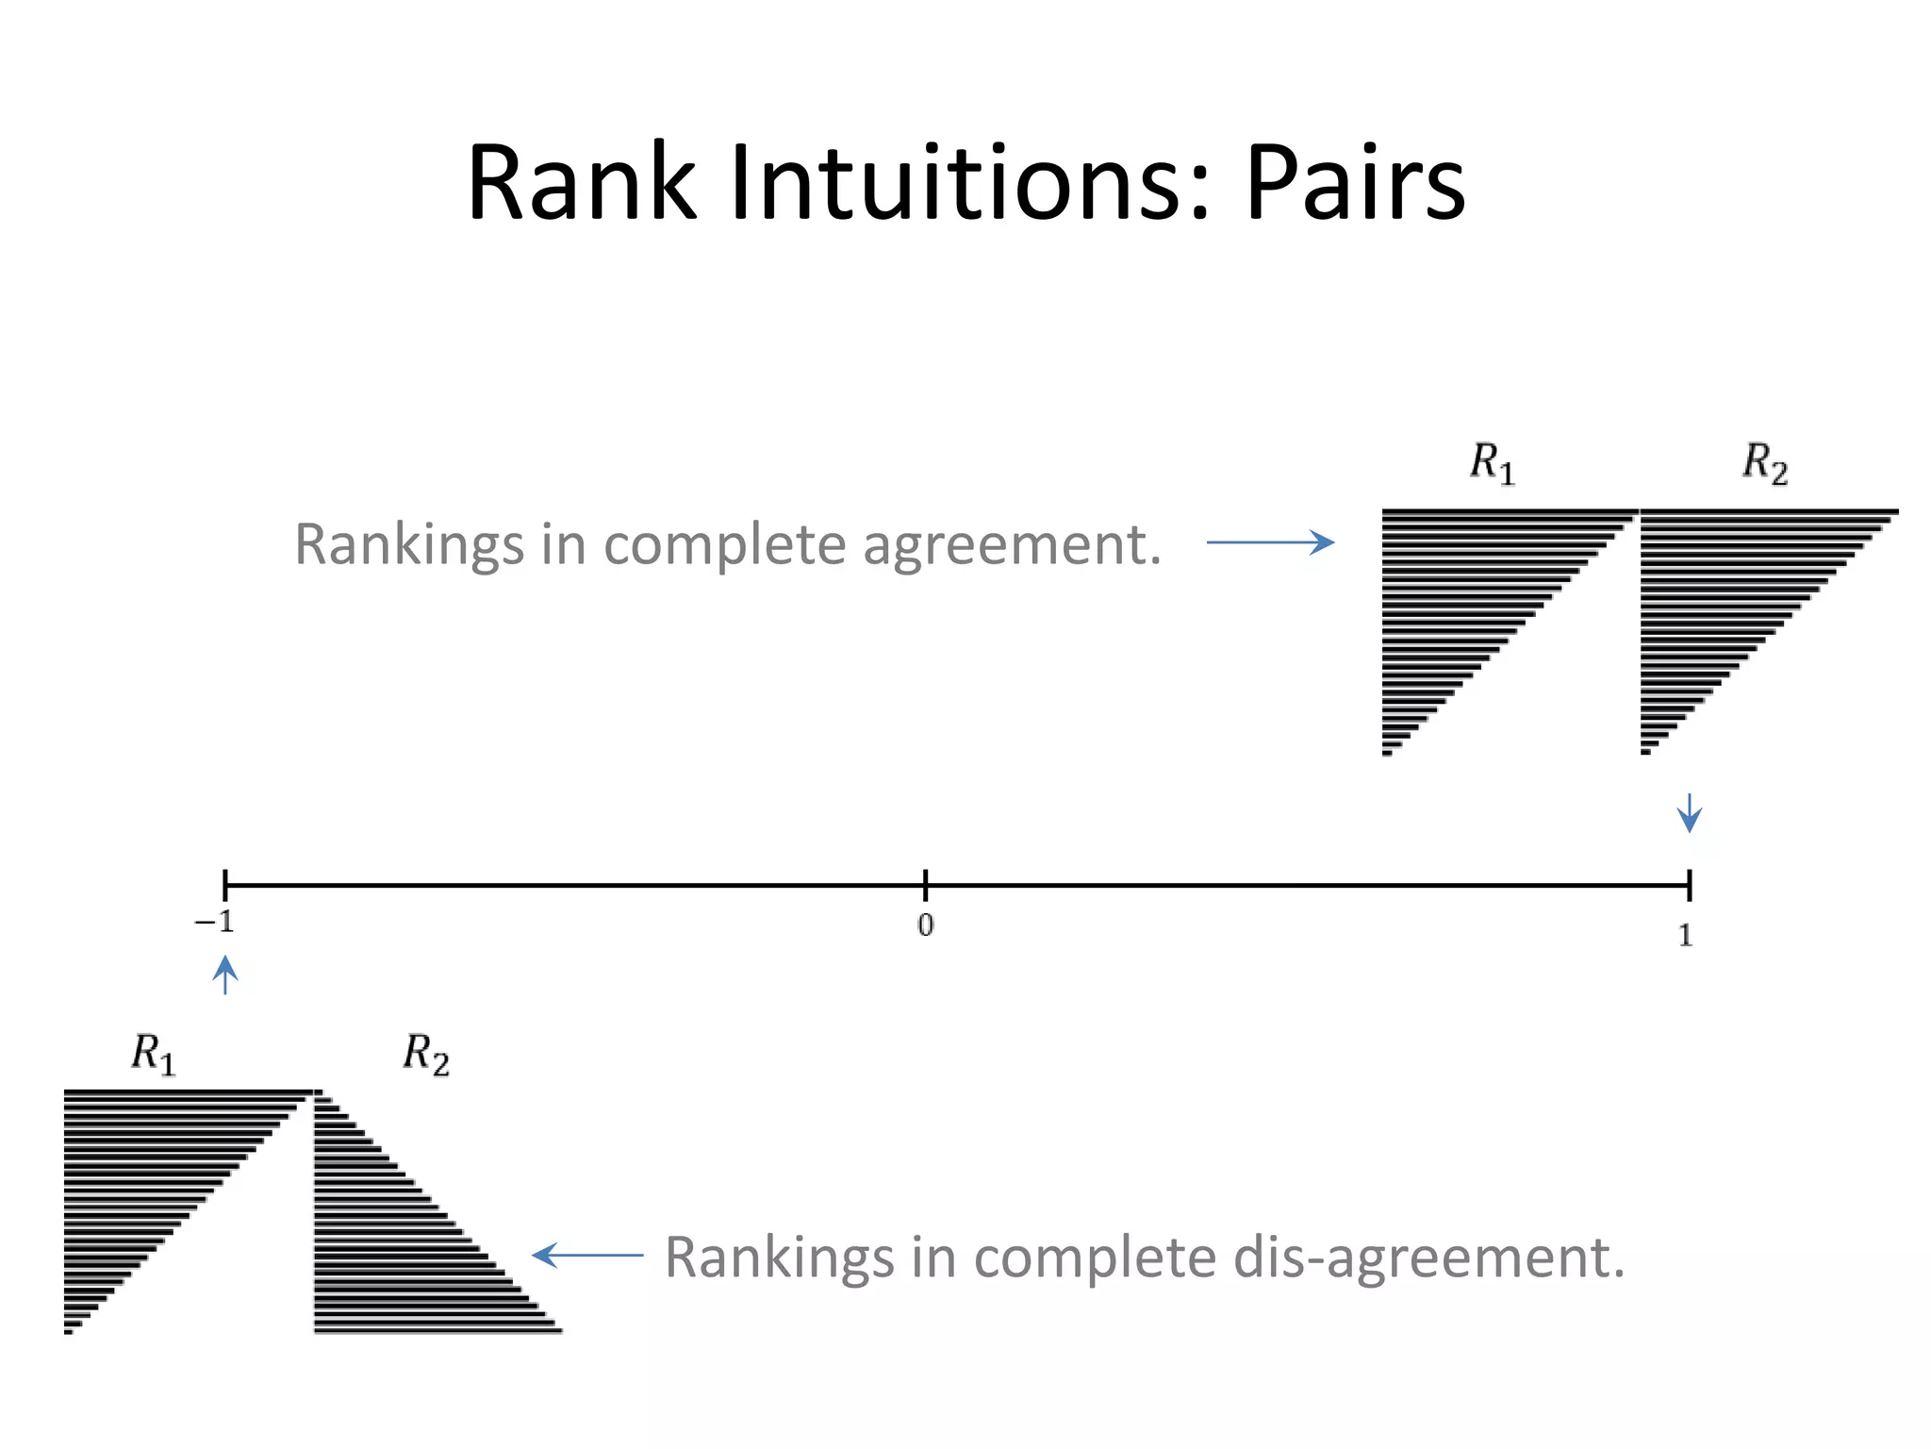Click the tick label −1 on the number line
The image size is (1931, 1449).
pos(215,922)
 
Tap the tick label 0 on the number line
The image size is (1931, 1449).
pos(925,925)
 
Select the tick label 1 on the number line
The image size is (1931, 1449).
pos(1686,935)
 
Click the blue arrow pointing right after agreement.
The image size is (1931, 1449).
pos(1270,541)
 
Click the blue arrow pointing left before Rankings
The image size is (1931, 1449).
pos(587,1255)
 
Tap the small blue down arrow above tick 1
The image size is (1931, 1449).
pos(1690,812)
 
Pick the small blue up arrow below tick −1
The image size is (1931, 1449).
pos(224,975)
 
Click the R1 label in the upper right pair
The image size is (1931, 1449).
pos(1492,463)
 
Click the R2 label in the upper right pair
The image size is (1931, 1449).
pos(1764,463)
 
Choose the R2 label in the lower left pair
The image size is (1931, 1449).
pos(426,1054)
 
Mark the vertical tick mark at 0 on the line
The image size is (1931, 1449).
pos(925,885)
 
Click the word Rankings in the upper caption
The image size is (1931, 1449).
pos(409,545)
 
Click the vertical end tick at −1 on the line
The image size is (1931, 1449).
pos(224,885)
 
